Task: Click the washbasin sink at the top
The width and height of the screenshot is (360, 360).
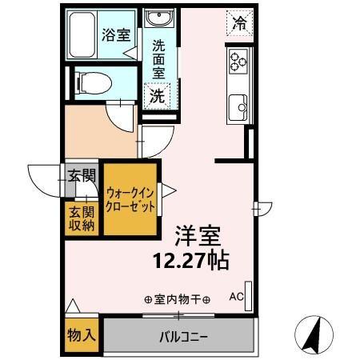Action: [156, 20]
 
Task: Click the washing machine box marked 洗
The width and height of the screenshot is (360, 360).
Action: [157, 95]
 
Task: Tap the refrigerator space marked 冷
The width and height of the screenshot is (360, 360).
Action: [239, 22]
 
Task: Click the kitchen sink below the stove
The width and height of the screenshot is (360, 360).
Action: [238, 104]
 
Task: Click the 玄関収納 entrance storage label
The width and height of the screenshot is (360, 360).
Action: [81, 218]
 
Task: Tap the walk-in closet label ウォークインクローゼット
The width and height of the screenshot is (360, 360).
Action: [130, 198]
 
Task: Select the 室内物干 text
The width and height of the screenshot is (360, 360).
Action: [178, 300]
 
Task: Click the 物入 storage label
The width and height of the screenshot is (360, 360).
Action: [81, 335]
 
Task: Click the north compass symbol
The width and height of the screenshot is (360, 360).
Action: [314, 334]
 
